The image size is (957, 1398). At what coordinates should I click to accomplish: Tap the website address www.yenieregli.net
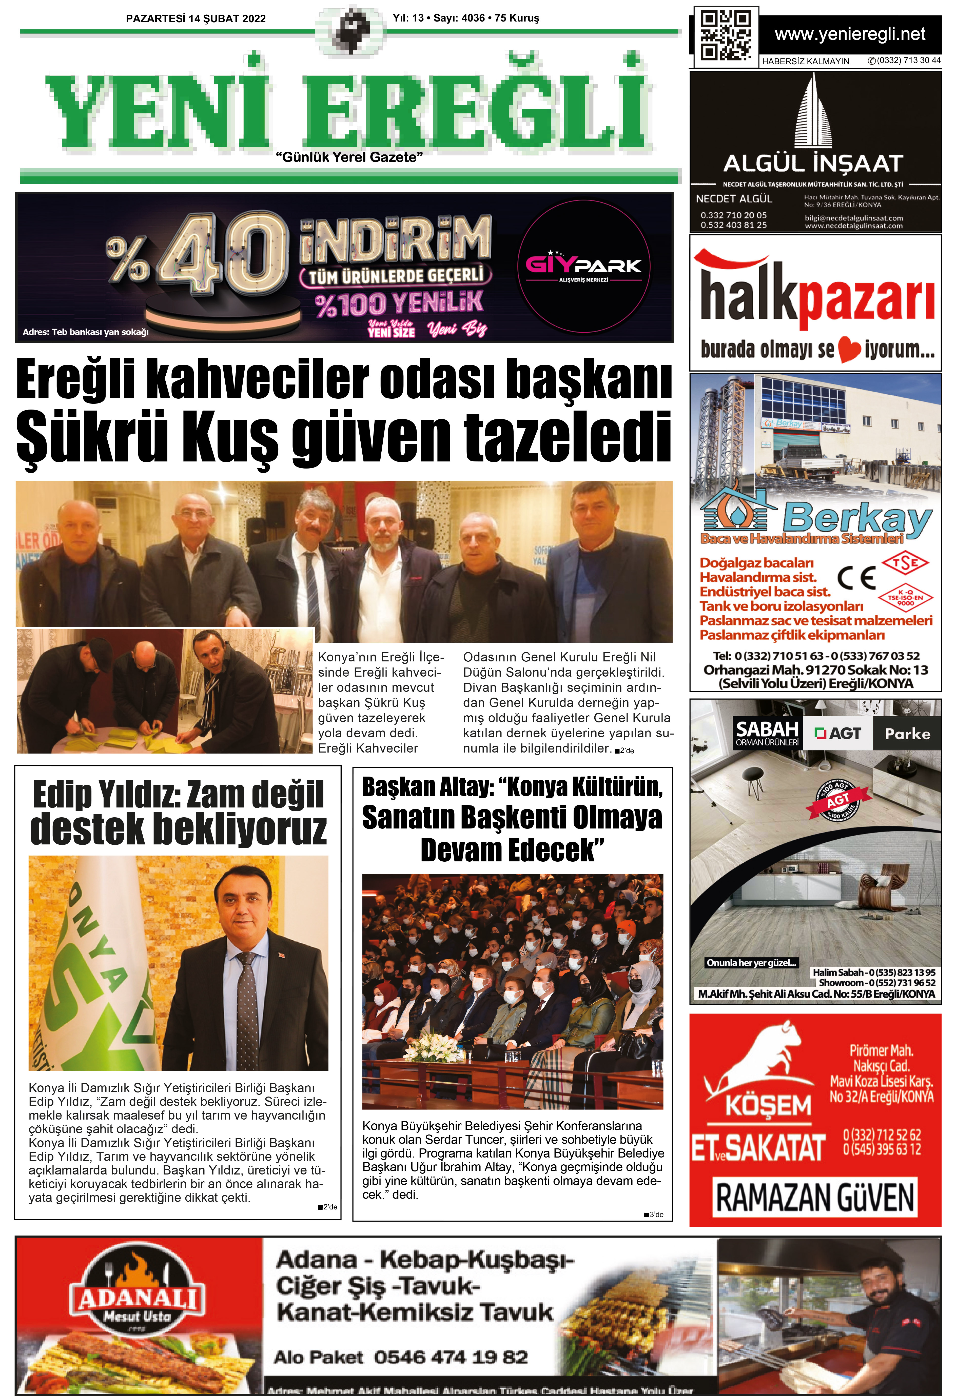tap(849, 34)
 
